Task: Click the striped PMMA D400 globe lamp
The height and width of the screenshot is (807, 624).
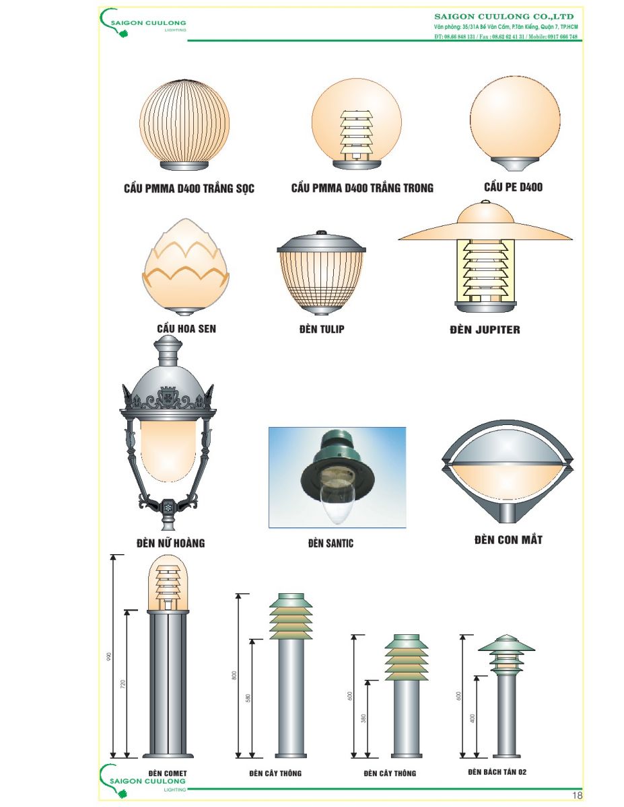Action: [184, 124]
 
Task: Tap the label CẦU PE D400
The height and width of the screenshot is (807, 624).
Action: [513, 187]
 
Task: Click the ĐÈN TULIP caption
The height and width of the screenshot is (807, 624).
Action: [322, 329]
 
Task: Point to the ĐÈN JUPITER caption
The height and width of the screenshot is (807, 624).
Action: [485, 330]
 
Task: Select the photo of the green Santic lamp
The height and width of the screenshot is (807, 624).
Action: [337, 477]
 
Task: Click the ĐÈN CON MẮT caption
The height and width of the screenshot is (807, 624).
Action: [508, 539]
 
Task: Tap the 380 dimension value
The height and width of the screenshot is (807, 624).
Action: [363, 718]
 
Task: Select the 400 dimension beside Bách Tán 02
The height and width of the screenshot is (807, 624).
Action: [472, 718]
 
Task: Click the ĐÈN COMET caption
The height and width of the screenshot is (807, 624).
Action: [168, 773]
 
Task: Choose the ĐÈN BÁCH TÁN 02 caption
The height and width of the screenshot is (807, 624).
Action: [497, 772]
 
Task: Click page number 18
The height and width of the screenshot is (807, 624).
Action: [577, 795]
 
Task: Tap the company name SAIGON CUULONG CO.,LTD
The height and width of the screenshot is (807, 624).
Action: [504, 17]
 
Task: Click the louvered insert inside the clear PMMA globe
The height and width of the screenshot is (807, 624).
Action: [356, 134]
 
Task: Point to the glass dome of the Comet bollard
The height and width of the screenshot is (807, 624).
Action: [168, 582]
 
